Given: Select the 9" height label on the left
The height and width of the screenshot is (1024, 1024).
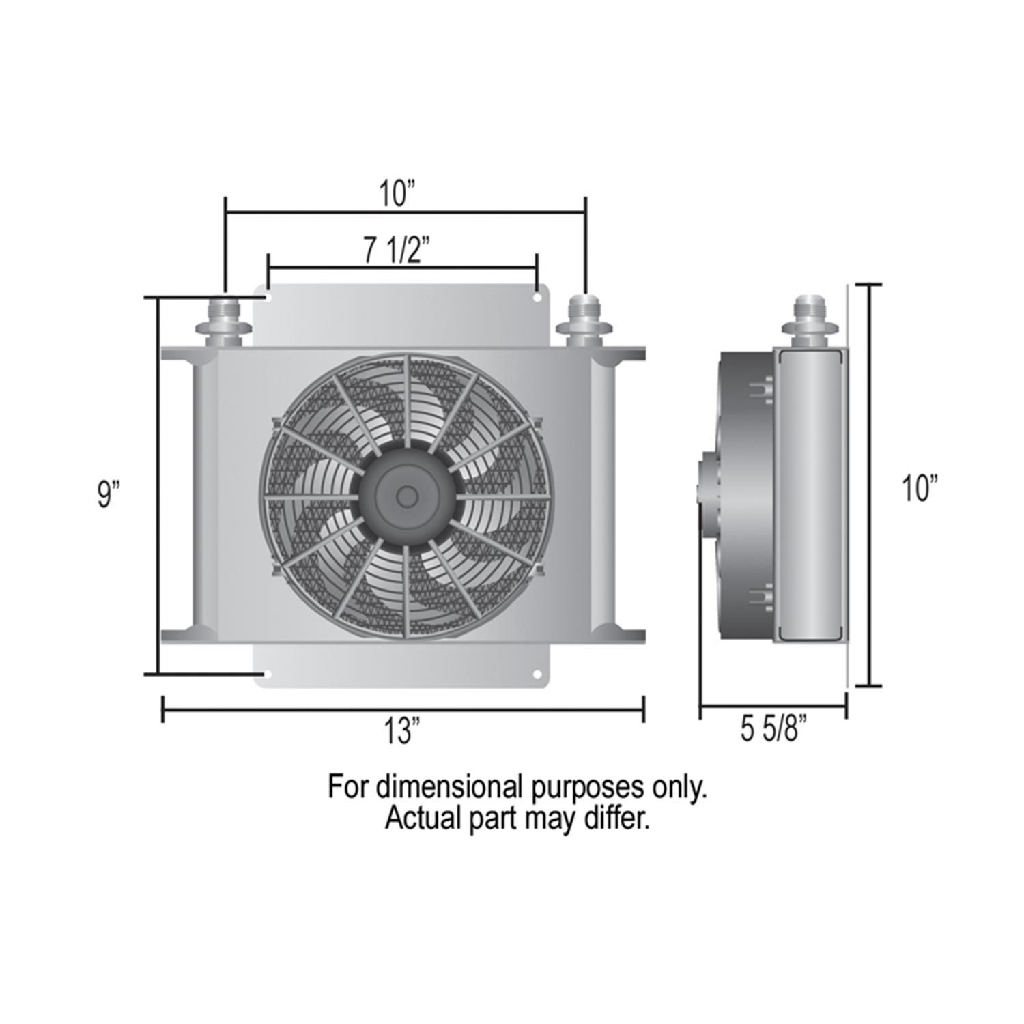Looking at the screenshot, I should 109,494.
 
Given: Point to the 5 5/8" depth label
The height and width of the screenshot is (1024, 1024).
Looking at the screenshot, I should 774,730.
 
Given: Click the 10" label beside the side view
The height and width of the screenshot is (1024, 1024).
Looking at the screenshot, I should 920,489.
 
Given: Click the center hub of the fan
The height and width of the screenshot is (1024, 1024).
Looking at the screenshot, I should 407,496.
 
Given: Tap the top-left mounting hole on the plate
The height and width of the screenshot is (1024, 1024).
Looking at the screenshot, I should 268,298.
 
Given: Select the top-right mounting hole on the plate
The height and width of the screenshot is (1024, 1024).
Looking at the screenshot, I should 537,298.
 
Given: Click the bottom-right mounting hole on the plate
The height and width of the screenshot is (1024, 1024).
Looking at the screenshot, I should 537,674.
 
